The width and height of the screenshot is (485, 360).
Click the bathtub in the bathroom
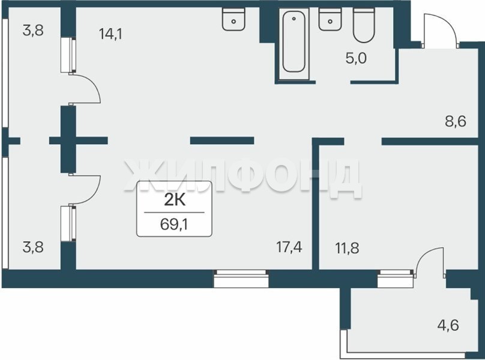click(x=294, y=44)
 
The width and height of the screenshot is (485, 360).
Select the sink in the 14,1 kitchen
click(x=234, y=19)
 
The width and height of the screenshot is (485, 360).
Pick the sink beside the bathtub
click(x=330, y=19)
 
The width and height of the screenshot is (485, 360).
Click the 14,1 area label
click(x=110, y=34)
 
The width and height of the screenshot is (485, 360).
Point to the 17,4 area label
click(x=289, y=247)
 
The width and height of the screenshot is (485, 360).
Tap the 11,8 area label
click(x=347, y=248)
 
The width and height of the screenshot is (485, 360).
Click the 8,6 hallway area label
click(x=456, y=121)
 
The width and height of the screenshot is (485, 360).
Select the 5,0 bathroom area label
click(x=356, y=58)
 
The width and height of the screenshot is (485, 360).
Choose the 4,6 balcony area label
click(x=448, y=325)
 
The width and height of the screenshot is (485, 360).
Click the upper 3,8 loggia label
click(x=33, y=31)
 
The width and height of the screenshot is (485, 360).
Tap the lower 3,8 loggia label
click(x=33, y=248)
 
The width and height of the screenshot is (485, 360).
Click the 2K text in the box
click(x=175, y=200)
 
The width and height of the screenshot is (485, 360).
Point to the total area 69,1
click(x=174, y=224)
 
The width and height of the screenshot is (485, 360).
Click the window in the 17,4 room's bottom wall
click(x=241, y=278)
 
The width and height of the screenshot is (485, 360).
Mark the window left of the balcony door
click(x=396, y=278)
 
